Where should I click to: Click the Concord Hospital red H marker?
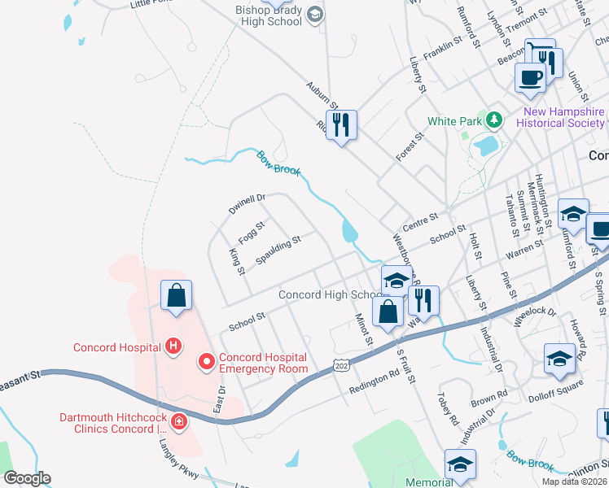(x=173, y=347)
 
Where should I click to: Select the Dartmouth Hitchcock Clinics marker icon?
(x=177, y=423)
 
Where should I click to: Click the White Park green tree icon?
(x=493, y=121)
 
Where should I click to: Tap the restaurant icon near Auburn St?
(x=341, y=125)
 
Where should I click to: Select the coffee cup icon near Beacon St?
(x=530, y=77)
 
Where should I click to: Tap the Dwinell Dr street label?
(x=247, y=203)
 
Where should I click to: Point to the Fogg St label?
(x=252, y=233)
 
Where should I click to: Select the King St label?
(x=238, y=262)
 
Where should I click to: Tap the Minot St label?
(x=363, y=329)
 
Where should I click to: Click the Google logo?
(x=27, y=478)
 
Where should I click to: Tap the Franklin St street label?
(x=443, y=51)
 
